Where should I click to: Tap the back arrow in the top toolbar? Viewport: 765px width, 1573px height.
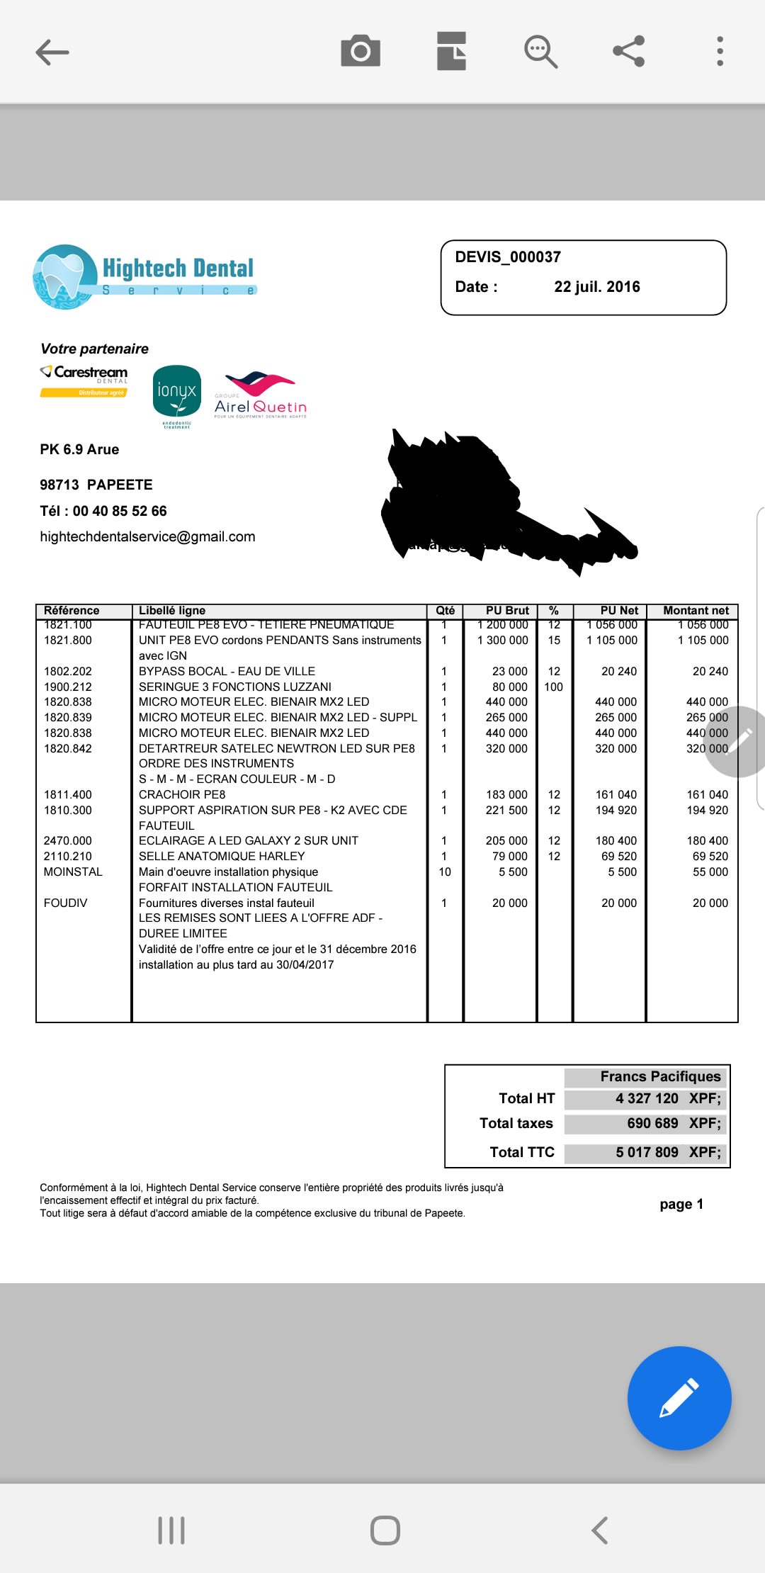click(x=52, y=52)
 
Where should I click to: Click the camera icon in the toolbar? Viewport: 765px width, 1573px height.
click(x=361, y=51)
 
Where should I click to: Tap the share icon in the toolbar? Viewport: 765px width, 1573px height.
click(x=628, y=51)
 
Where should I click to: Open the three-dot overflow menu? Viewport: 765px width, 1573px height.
click(x=720, y=51)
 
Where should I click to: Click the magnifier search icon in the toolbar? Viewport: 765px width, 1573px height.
click(x=540, y=52)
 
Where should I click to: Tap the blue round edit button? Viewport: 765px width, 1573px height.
click(x=679, y=1397)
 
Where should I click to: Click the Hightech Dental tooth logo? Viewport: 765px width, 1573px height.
click(x=65, y=277)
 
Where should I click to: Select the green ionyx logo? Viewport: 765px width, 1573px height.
click(x=177, y=392)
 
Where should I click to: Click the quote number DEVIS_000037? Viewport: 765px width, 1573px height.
click(x=508, y=257)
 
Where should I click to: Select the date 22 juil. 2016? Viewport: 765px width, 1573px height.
click(x=596, y=287)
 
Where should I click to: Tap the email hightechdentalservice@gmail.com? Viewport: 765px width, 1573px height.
click(x=147, y=537)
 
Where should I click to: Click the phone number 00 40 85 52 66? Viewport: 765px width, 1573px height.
click(x=120, y=512)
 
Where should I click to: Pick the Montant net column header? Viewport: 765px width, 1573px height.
click(x=696, y=611)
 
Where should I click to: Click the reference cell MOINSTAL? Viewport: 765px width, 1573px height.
click(x=73, y=872)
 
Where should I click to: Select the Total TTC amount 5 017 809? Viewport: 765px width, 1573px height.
click(x=647, y=1153)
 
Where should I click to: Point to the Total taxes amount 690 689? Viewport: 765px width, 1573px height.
click(x=652, y=1124)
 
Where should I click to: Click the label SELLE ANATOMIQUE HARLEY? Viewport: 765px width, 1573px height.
click(x=222, y=857)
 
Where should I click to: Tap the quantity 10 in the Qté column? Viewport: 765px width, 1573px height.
click(x=445, y=872)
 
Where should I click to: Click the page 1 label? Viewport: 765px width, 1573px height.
click(x=681, y=1205)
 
